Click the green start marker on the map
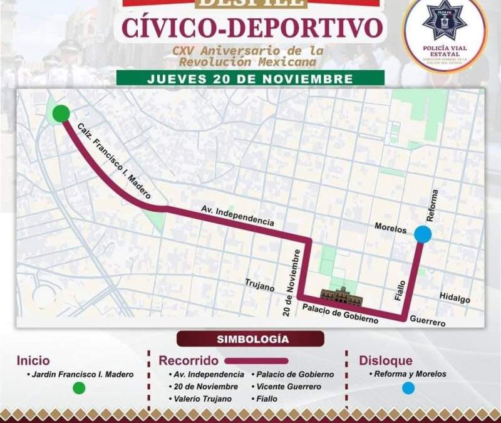pyautogui.click(x=61, y=113)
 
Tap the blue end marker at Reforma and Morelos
pyautogui.click(x=423, y=234)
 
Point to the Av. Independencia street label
pyautogui.click(x=237, y=216)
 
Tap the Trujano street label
pyautogui.click(x=261, y=288)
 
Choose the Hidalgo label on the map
pyautogui.click(x=454, y=300)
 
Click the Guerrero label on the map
pyautogui.click(x=428, y=322)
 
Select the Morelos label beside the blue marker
pyautogui.click(x=390, y=229)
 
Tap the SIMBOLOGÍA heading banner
pyautogui.click(x=250, y=339)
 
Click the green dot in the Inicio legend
pyautogui.click(x=79, y=388)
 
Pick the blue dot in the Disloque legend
pyautogui.click(x=408, y=388)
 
